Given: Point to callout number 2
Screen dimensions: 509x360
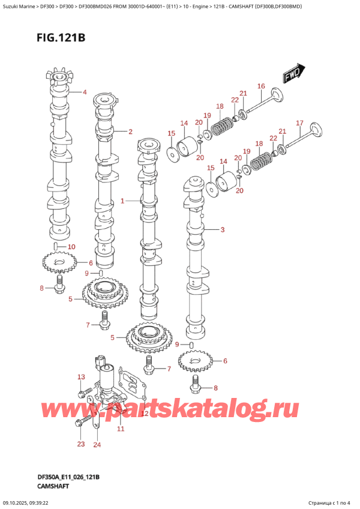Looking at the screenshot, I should [x=130, y=131].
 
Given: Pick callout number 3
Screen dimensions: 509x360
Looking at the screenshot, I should [x=222, y=229].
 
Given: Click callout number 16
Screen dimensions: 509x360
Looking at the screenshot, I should [x=261, y=86].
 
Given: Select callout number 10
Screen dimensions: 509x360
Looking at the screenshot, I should [x=71, y=246].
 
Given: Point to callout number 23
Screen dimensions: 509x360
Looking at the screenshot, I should [x=81, y=444].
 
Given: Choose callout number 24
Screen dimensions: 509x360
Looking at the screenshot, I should [x=97, y=445].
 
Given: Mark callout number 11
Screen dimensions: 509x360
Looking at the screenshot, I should [x=120, y=429].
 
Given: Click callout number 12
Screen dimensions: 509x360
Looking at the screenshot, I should [x=145, y=414].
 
